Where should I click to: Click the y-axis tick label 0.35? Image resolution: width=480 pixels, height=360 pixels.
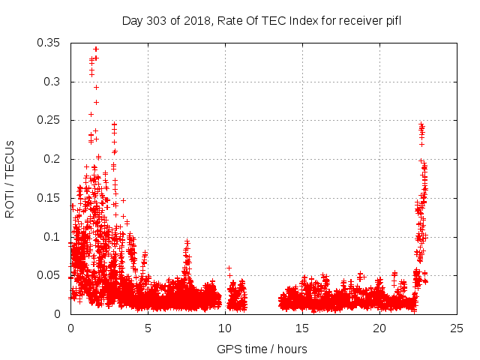(x=49, y=43)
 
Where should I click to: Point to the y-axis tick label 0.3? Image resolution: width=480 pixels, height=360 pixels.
(x=52, y=82)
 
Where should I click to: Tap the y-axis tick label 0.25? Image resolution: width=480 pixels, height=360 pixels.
(x=49, y=120)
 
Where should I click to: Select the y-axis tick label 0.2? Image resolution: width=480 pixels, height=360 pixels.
(x=52, y=159)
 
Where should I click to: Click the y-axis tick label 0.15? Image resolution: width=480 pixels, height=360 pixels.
(x=49, y=198)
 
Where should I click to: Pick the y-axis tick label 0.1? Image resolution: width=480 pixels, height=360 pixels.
(x=52, y=237)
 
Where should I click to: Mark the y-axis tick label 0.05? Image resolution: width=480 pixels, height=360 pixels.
(x=49, y=275)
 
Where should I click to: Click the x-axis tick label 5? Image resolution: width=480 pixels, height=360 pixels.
(x=148, y=328)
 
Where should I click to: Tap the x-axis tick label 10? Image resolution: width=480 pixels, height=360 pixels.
(x=225, y=328)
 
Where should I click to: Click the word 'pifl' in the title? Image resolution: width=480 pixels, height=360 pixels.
(x=392, y=20)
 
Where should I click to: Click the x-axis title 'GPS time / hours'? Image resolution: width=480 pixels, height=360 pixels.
(x=262, y=349)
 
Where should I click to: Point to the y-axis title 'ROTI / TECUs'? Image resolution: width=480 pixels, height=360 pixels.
(x=10, y=178)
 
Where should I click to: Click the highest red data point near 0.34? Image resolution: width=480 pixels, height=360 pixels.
(x=95, y=49)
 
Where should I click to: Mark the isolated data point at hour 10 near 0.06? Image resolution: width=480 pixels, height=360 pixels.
(x=229, y=268)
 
